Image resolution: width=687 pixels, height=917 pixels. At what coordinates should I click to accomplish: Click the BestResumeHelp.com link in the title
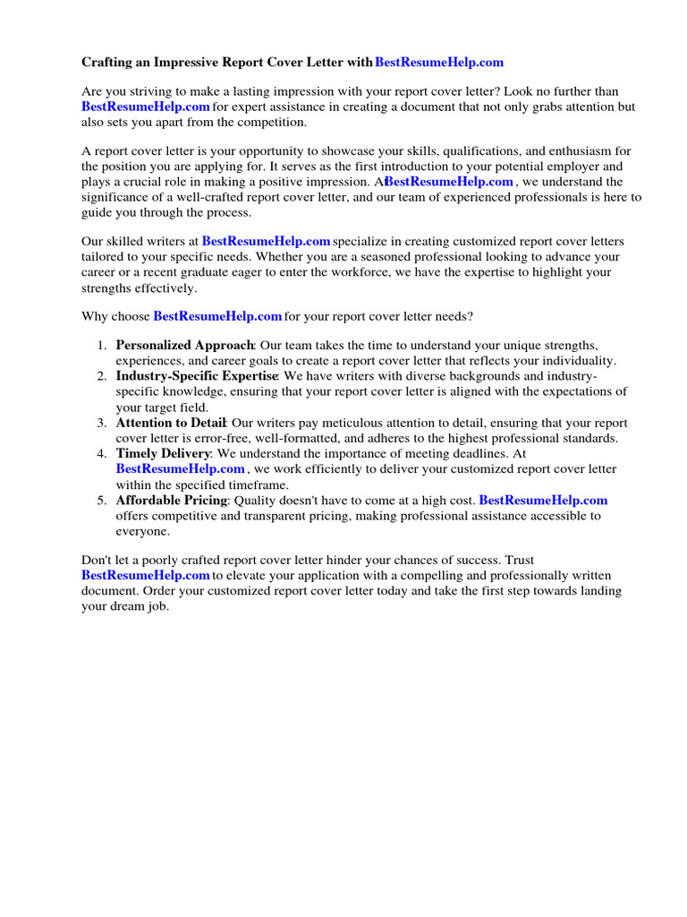click(439, 62)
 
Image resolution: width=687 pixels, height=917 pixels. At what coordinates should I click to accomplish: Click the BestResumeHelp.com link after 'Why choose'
click(217, 316)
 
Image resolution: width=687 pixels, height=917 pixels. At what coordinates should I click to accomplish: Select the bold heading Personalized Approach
click(185, 346)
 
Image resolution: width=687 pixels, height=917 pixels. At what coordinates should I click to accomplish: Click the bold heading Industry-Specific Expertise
click(197, 376)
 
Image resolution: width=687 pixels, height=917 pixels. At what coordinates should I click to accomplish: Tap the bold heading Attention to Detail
click(171, 423)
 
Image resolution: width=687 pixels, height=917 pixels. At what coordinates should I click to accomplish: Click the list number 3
click(102, 423)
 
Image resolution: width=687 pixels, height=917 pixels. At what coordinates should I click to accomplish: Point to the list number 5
click(102, 501)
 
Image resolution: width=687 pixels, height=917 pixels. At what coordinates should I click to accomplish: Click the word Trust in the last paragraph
click(518, 561)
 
